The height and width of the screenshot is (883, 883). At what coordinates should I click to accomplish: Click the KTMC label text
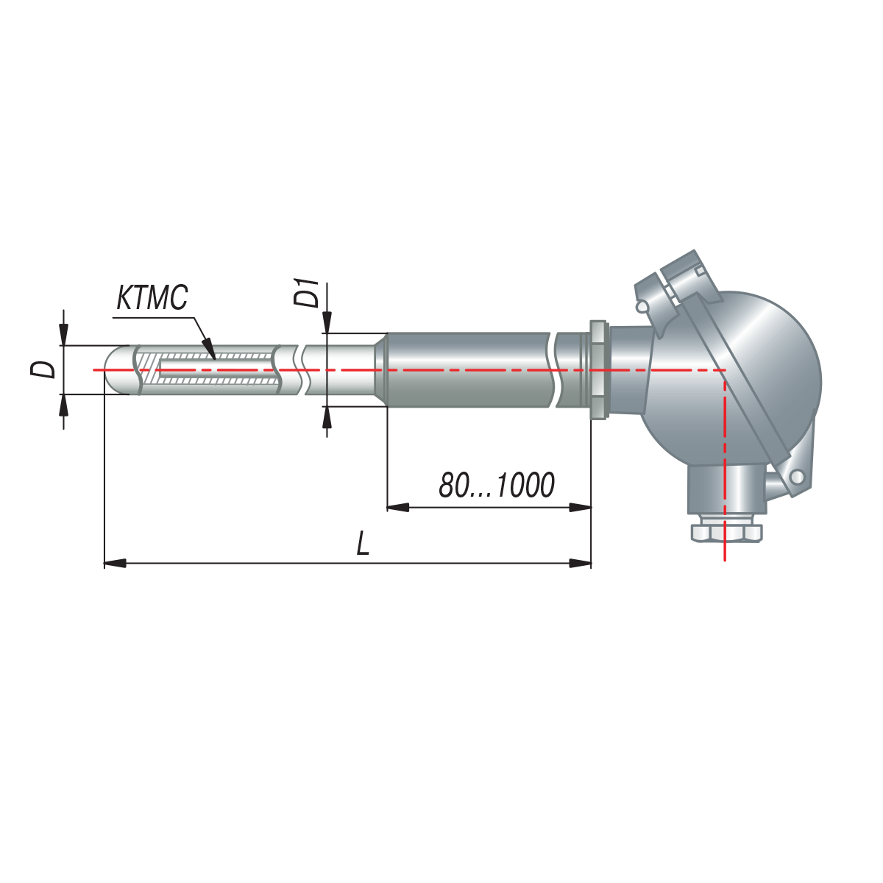(152, 297)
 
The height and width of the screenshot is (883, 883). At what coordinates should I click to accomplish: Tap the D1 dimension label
(307, 292)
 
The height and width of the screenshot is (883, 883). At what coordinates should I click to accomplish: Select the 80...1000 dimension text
(497, 485)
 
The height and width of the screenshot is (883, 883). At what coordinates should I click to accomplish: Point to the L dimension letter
(363, 544)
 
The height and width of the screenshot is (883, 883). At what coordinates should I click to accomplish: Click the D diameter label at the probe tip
(43, 369)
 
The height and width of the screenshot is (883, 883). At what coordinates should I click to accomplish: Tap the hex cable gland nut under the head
(726, 533)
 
